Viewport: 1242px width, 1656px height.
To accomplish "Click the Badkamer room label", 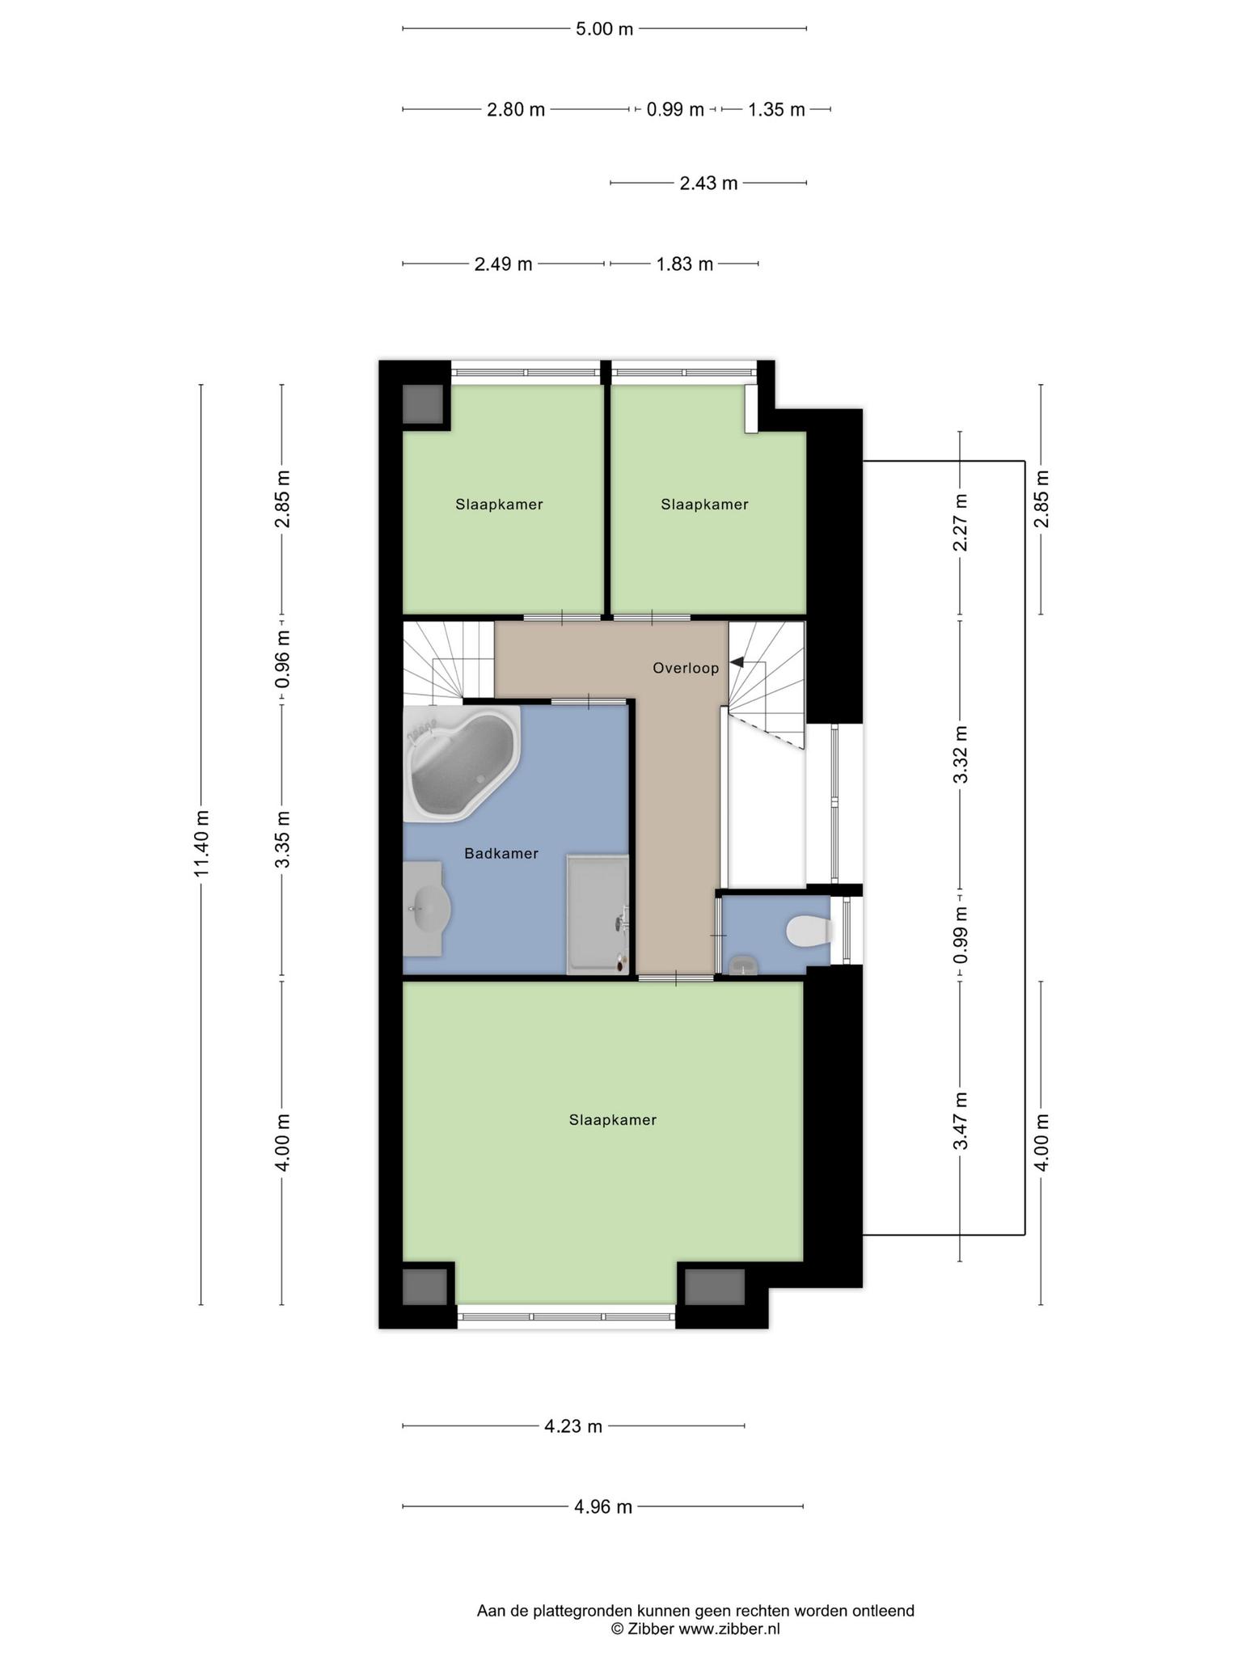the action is tap(501, 853).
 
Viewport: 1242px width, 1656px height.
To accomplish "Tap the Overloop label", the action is tap(686, 668).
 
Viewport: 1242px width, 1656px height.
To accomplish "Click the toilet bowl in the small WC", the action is tap(809, 931).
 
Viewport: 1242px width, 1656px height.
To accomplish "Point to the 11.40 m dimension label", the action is tap(202, 843).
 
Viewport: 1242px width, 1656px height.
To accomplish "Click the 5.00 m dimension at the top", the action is tap(604, 29).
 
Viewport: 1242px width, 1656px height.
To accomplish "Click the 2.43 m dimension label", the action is tap(708, 184).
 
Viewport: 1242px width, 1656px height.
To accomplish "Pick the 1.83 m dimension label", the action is tap(684, 264).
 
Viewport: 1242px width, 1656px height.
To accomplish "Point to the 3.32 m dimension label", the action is tap(961, 754).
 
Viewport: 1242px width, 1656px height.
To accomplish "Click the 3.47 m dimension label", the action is tap(961, 1121).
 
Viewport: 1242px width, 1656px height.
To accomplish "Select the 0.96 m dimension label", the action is tap(283, 659).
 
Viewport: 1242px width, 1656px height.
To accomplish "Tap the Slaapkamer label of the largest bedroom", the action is tap(612, 1120).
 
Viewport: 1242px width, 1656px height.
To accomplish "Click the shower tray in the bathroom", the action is tap(598, 914).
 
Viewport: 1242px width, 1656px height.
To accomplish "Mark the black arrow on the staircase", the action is tap(736, 662).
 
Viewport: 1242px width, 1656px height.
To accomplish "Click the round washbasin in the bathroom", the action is tap(428, 908).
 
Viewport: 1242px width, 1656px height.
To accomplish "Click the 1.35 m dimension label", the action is tap(776, 110).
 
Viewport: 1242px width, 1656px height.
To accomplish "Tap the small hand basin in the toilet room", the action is tap(742, 965).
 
